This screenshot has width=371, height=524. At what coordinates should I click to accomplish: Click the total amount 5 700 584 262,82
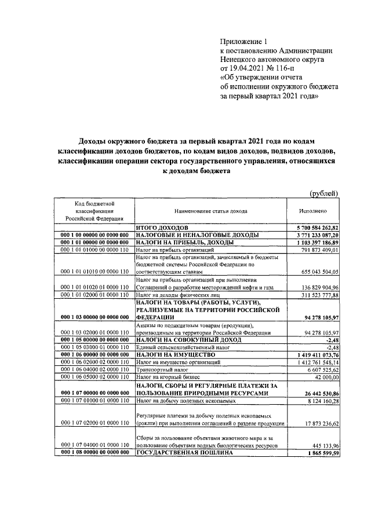[314, 229]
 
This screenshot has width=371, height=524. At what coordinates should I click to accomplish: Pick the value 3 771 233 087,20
[314, 236]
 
